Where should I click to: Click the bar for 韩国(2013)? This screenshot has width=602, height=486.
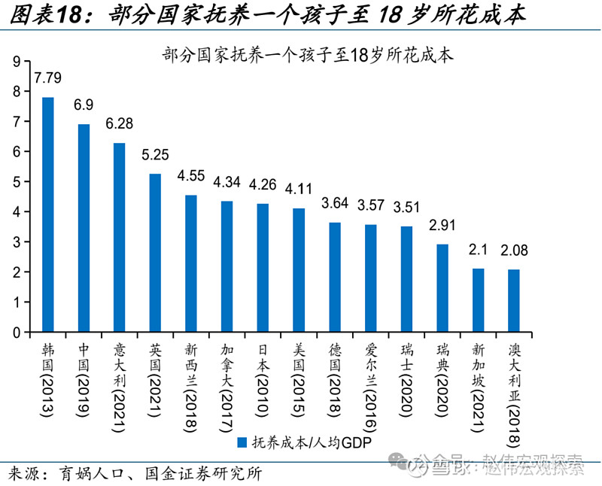[x=47, y=214]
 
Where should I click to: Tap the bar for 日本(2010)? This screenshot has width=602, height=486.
[x=262, y=268]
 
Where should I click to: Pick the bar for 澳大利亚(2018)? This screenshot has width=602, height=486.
[x=513, y=300]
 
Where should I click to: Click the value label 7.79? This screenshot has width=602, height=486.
[x=47, y=77]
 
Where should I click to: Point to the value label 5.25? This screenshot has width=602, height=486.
[x=155, y=155]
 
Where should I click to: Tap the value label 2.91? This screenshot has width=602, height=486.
[x=442, y=225]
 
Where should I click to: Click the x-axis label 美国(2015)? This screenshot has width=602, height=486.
[x=298, y=375]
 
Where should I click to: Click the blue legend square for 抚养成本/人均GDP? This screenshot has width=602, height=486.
[x=242, y=442]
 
